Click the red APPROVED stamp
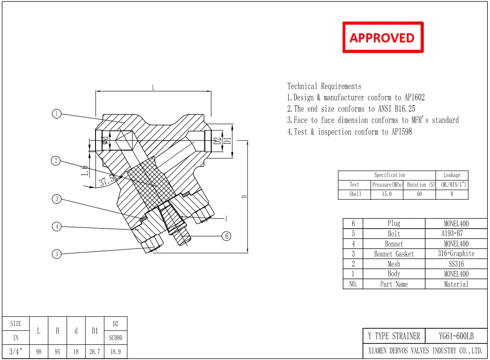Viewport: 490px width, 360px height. [x=383, y=37]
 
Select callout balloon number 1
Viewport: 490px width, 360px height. [x=56, y=114]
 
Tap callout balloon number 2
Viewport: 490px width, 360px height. [x=56, y=161]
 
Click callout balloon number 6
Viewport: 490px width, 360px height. [x=226, y=236]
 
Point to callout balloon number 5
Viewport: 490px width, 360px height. [x=56, y=253]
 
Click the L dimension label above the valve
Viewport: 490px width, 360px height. [x=153, y=88]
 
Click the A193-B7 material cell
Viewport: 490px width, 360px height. [x=456, y=234]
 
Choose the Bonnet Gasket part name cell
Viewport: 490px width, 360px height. [x=394, y=254]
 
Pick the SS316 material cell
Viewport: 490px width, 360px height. [x=456, y=264]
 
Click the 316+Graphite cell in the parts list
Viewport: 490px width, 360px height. [x=456, y=254]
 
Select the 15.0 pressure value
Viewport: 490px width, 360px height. [x=387, y=194]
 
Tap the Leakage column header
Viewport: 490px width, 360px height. [x=451, y=175]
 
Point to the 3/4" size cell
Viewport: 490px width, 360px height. [x=16, y=352]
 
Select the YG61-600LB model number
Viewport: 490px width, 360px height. [x=456, y=336]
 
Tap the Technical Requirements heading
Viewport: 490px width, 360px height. [x=324, y=86]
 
